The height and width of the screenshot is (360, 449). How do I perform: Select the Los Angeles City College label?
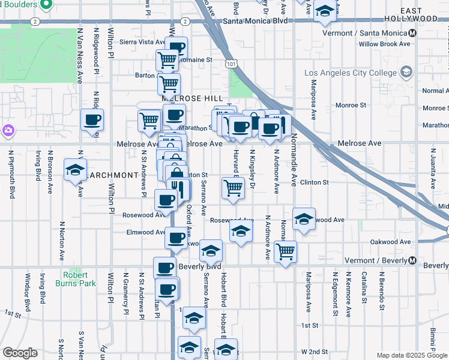(351, 73)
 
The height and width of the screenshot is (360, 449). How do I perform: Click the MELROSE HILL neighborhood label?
(191, 98)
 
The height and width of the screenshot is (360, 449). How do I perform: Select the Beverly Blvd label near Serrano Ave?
(200, 266)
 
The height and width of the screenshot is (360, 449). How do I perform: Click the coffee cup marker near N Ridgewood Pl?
(92, 121)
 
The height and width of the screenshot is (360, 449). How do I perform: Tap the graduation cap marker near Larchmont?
(75, 170)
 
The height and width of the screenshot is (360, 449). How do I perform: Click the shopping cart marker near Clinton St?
(233, 188)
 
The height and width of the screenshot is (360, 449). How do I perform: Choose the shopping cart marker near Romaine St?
(167, 60)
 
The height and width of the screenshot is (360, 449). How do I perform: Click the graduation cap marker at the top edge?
(325, 11)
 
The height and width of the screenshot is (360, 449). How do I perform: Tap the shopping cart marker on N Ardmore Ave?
(285, 251)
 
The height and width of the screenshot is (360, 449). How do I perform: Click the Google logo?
(20, 353)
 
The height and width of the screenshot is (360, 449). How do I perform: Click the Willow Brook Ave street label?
(384, 44)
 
